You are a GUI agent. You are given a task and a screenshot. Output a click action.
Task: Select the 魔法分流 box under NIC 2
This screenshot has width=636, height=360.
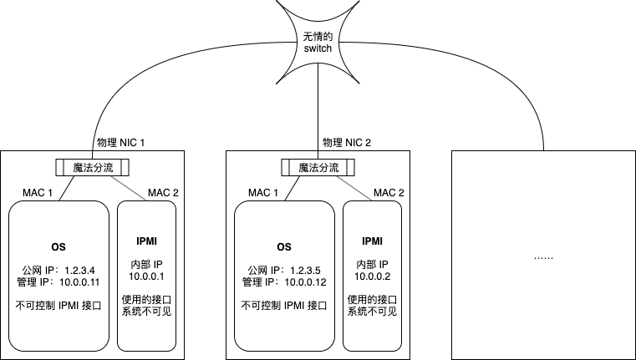coord(318,167)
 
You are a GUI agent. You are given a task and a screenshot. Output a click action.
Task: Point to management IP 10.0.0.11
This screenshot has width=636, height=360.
coord(75,283)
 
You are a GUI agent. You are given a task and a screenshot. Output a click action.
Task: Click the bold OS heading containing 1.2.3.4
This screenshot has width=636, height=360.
coord(59,246)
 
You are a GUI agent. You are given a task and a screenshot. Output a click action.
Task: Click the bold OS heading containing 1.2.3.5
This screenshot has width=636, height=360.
coord(284,246)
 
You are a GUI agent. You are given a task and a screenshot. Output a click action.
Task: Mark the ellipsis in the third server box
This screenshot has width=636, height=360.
coord(543,256)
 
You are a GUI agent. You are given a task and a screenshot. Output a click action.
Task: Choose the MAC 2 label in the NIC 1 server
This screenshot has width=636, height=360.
coord(164,194)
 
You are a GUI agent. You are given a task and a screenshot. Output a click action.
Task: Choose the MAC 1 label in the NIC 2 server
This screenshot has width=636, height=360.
coord(265,194)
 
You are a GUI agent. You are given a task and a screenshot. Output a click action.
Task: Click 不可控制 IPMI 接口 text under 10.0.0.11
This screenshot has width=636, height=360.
coord(59,307)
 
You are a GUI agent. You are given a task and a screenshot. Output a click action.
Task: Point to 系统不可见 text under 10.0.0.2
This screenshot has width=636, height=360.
coord(373,312)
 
